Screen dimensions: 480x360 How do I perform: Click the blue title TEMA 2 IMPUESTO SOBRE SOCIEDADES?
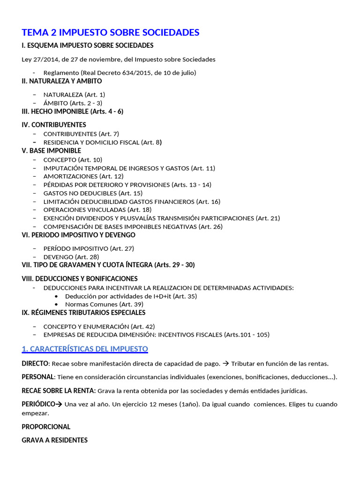[111, 32]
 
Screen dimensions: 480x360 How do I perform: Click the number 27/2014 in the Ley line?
[44, 60]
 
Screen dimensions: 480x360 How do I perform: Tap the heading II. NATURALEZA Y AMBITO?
[62, 81]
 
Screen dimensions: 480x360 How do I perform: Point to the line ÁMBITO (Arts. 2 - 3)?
[73, 103]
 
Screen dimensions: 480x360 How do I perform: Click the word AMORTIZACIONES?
[70, 176]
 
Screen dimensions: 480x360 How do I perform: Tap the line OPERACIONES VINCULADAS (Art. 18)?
[97, 210]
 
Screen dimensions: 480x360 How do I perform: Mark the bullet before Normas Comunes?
[57, 304]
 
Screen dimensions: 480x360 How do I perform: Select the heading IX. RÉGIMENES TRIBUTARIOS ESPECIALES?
[83, 313]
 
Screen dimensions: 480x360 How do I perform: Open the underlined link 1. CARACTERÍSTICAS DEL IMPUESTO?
[85, 349]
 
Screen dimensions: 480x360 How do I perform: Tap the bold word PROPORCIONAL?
[46, 427]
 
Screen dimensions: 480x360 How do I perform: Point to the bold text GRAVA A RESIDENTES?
[54, 440]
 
